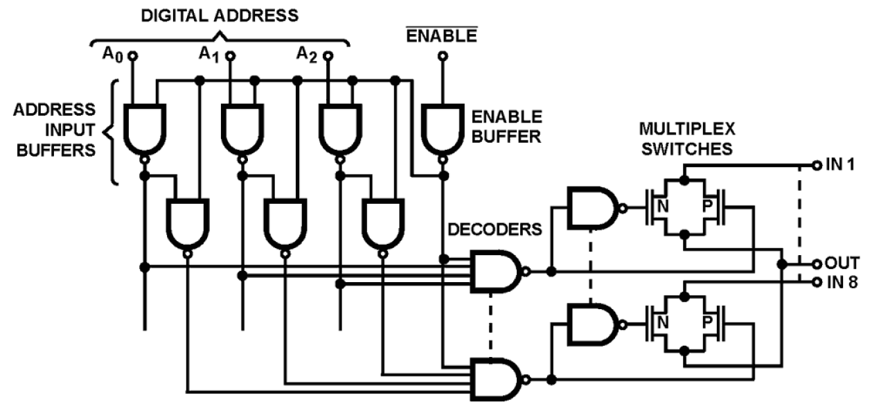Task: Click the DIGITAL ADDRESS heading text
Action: [220, 15]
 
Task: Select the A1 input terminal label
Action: [208, 53]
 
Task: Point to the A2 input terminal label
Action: [307, 53]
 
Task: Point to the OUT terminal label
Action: [842, 263]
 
